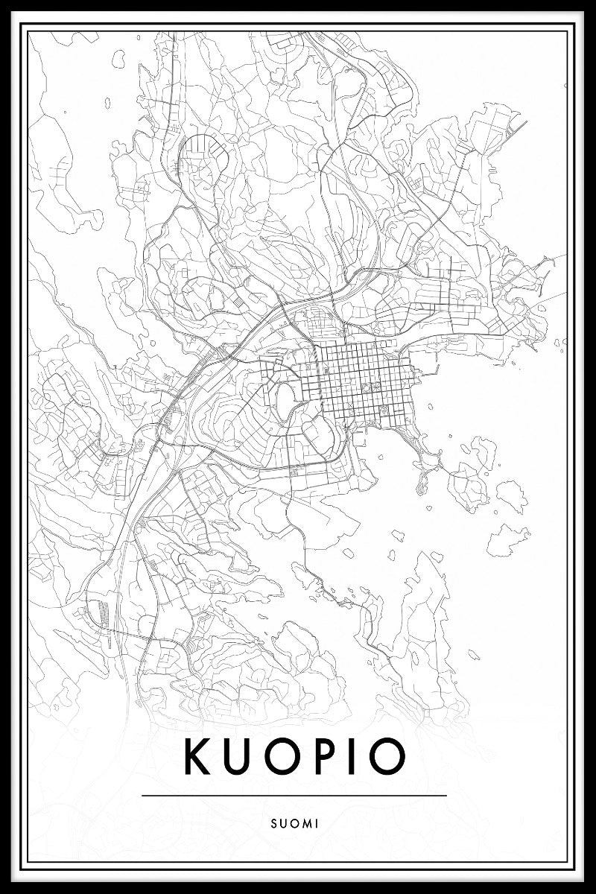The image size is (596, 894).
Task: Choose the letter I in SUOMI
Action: (317, 824)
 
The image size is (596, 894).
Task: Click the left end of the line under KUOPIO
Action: (142, 796)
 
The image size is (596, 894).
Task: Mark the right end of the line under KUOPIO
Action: (446, 796)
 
